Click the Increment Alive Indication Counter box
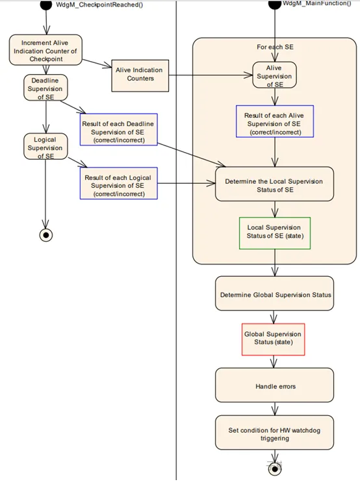click(45, 50)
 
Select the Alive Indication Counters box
click(140, 75)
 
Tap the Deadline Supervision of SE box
click(45, 88)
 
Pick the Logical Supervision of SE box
click(45, 147)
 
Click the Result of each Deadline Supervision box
click(119, 129)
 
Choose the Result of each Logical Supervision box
click(119, 183)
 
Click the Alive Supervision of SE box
click(274, 75)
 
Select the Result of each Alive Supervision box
click(275, 122)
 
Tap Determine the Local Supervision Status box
click(274, 184)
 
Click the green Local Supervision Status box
click(275, 233)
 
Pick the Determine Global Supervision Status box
click(274, 293)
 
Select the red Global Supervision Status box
click(273, 339)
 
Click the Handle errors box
click(274, 385)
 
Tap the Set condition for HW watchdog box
click(274, 433)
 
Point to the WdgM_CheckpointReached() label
click(99, 5)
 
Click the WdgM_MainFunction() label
click(316, 3)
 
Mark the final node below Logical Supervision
click(46, 235)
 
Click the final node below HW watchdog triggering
click(275, 469)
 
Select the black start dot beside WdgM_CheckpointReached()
click(46, 5)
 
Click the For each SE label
click(275, 47)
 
